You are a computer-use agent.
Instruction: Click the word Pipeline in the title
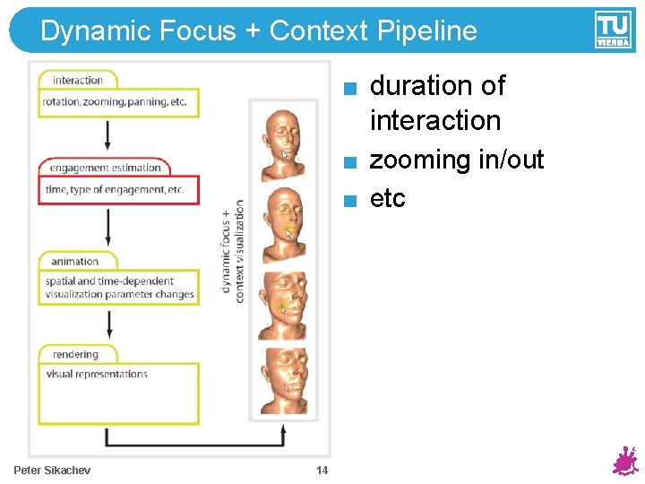427,31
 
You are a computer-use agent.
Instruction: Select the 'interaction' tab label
78,80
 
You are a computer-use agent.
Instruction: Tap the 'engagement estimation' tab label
105,168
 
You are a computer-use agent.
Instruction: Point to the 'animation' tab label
75,261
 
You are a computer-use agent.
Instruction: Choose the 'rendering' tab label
75,354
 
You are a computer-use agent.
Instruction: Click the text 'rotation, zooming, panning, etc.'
115,102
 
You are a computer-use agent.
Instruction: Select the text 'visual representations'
97,374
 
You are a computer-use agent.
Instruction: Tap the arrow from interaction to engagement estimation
107,134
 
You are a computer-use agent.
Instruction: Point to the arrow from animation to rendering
107,323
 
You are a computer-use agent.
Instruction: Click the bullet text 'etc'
387,198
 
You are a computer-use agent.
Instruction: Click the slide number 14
322,471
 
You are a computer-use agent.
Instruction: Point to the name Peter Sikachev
52,471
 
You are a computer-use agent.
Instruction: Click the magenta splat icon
623,462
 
